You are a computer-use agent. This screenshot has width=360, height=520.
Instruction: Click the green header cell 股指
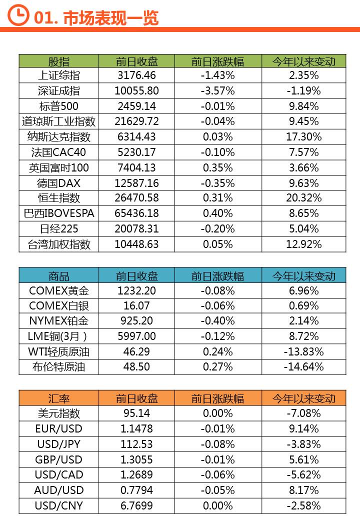[x=59, y=61]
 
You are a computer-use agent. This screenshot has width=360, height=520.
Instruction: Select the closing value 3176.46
[x=136, y=75]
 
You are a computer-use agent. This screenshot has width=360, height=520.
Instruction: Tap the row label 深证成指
[x=59, y=90]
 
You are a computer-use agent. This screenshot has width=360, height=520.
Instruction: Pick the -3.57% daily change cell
[x=218, y=90]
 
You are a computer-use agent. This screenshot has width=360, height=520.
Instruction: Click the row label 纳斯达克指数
[x=59, y=136]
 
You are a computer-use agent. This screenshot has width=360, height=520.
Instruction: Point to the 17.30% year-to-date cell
[x=303, y=136]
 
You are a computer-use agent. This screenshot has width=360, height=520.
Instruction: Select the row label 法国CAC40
[x=59, y=152]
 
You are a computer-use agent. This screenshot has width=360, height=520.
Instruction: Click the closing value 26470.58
[x=136, y=198]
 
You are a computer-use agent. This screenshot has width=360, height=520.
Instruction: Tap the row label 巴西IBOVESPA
[x=59, y=213]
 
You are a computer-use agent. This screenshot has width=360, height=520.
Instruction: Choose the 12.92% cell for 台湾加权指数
[x=303, y=244]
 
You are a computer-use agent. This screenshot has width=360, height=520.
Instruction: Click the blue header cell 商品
[x=59, y=275]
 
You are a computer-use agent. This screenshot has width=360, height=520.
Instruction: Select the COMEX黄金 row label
[x=59, y=290]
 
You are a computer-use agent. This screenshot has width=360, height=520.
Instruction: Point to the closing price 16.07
[x=136, y=305]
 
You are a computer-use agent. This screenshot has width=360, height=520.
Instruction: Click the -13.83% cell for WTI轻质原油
[x=303, y=351]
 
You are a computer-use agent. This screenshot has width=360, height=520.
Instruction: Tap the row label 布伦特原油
[x=59, y=367]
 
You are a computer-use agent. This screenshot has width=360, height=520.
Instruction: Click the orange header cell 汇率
[x=59, y=398]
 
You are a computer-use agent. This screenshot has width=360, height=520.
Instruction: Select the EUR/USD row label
[x=59, y=428]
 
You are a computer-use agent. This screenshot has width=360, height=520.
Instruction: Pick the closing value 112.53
[x=136, y=444]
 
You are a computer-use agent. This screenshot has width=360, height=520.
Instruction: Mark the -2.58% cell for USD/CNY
[x=303, y=505]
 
